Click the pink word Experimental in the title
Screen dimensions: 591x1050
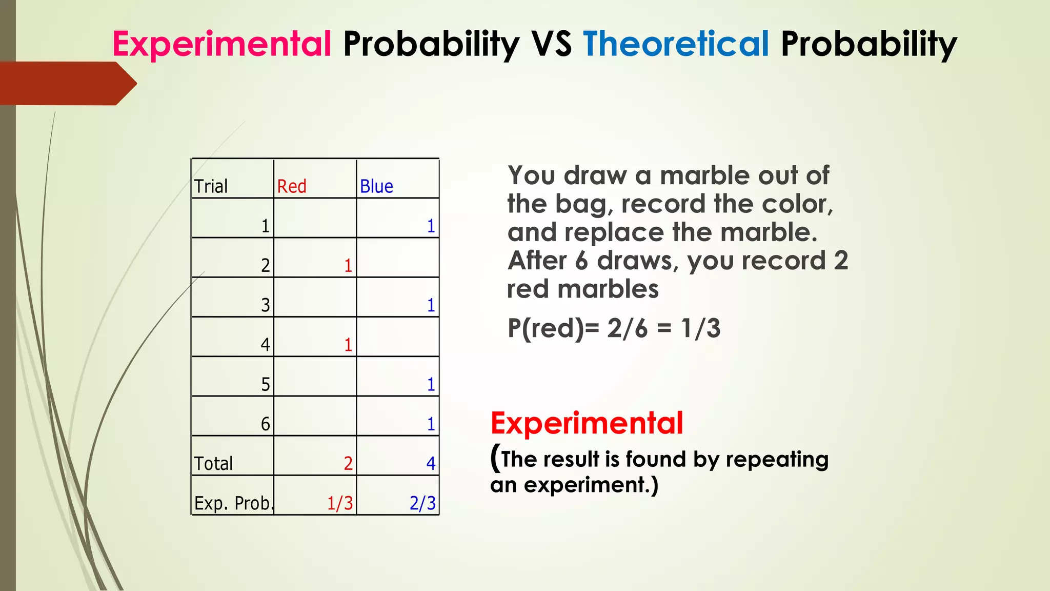pyautogui.click(x=222, y=44)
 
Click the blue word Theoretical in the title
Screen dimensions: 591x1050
pyautogui.click(x=676, y=44)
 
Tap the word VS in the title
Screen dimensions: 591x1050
pyautogui.click(x=551, y=44)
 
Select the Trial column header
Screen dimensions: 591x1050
pyautogui.click(x=211, y=186)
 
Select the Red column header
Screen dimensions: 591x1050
pyautogui.click(x=292, y=186)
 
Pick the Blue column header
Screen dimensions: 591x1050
pyautogui.click(x=376, y=186)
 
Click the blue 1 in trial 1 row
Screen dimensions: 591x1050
pyautogui.click(x=431, y=226)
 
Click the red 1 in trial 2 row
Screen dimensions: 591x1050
pyautogui.click(x=348, y=266)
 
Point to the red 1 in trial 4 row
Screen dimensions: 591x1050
pyautogui.click(x=348, y=345)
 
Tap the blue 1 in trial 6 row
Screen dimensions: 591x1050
pyautogui.click(x=431, y=424)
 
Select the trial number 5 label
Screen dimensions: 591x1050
pyautogui.click(x=265, y=385)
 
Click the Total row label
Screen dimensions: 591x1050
pyautogui.click(x=213, y=464)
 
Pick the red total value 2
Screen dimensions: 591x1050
pyautogui.click(x=348, y=464)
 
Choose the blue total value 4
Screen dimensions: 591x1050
pyautogui.click(x=431, y=464)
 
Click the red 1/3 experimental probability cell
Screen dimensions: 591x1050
pyautogui.click(x=340, y=503)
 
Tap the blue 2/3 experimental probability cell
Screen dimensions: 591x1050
pyautogui.click(x=422, y=503)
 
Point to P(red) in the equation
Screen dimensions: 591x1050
pyautogui.click(x=545, y=328)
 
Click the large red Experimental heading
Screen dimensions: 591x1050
pyautogui.click(x=587, y=423)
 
